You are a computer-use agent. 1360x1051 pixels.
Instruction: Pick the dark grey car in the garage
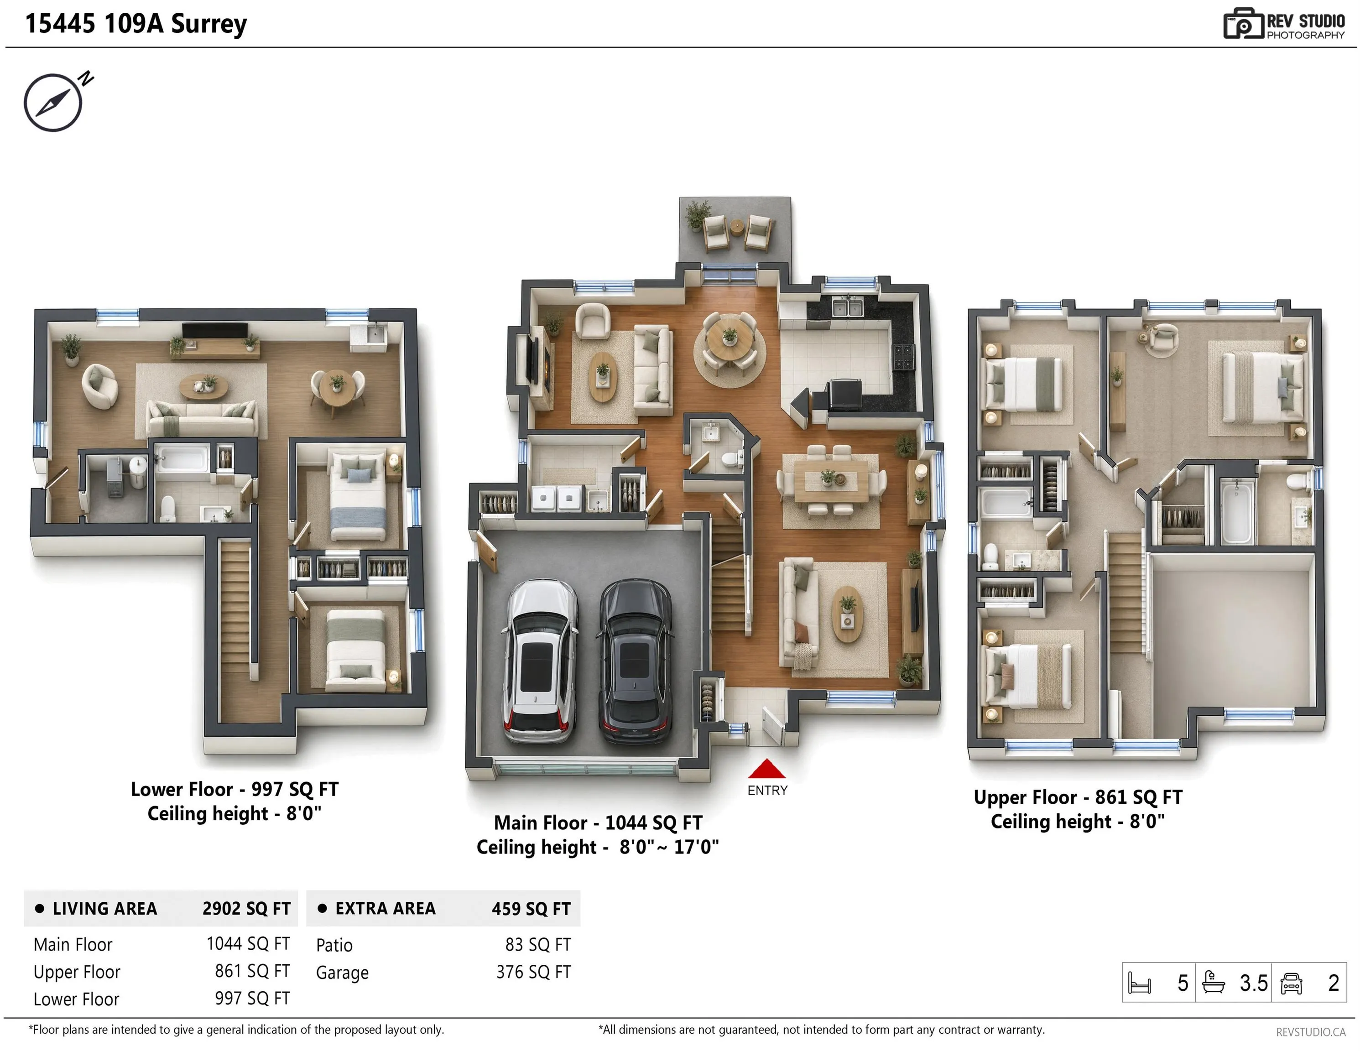tap(635, 662)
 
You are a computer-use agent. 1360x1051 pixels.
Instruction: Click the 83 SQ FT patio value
tap(538, 945)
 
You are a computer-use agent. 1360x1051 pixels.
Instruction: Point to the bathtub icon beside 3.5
tap(1213, 983)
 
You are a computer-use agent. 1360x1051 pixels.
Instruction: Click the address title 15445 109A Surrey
tap(136, 24)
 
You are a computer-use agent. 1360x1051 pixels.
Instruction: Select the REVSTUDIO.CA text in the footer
tap(1311, 1032)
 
